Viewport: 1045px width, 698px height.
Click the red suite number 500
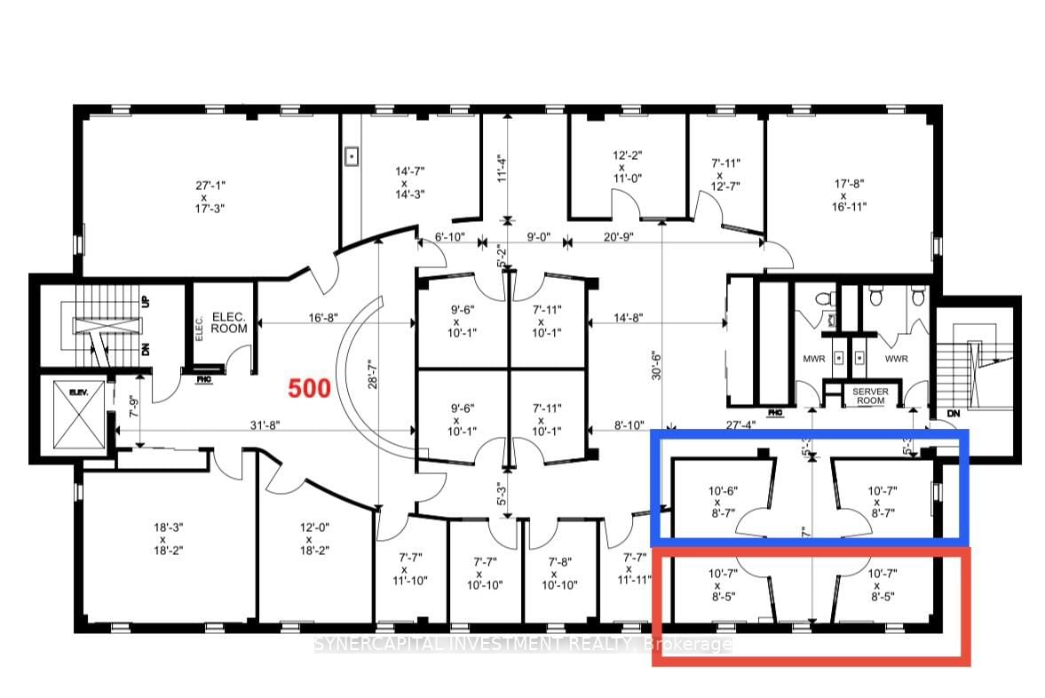[x=308, y=388]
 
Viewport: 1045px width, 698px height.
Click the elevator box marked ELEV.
[x=72, y=415]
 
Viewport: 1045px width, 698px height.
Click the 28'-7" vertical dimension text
[x=374, y=377]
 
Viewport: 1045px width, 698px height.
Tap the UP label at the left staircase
[x=145, y=303]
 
